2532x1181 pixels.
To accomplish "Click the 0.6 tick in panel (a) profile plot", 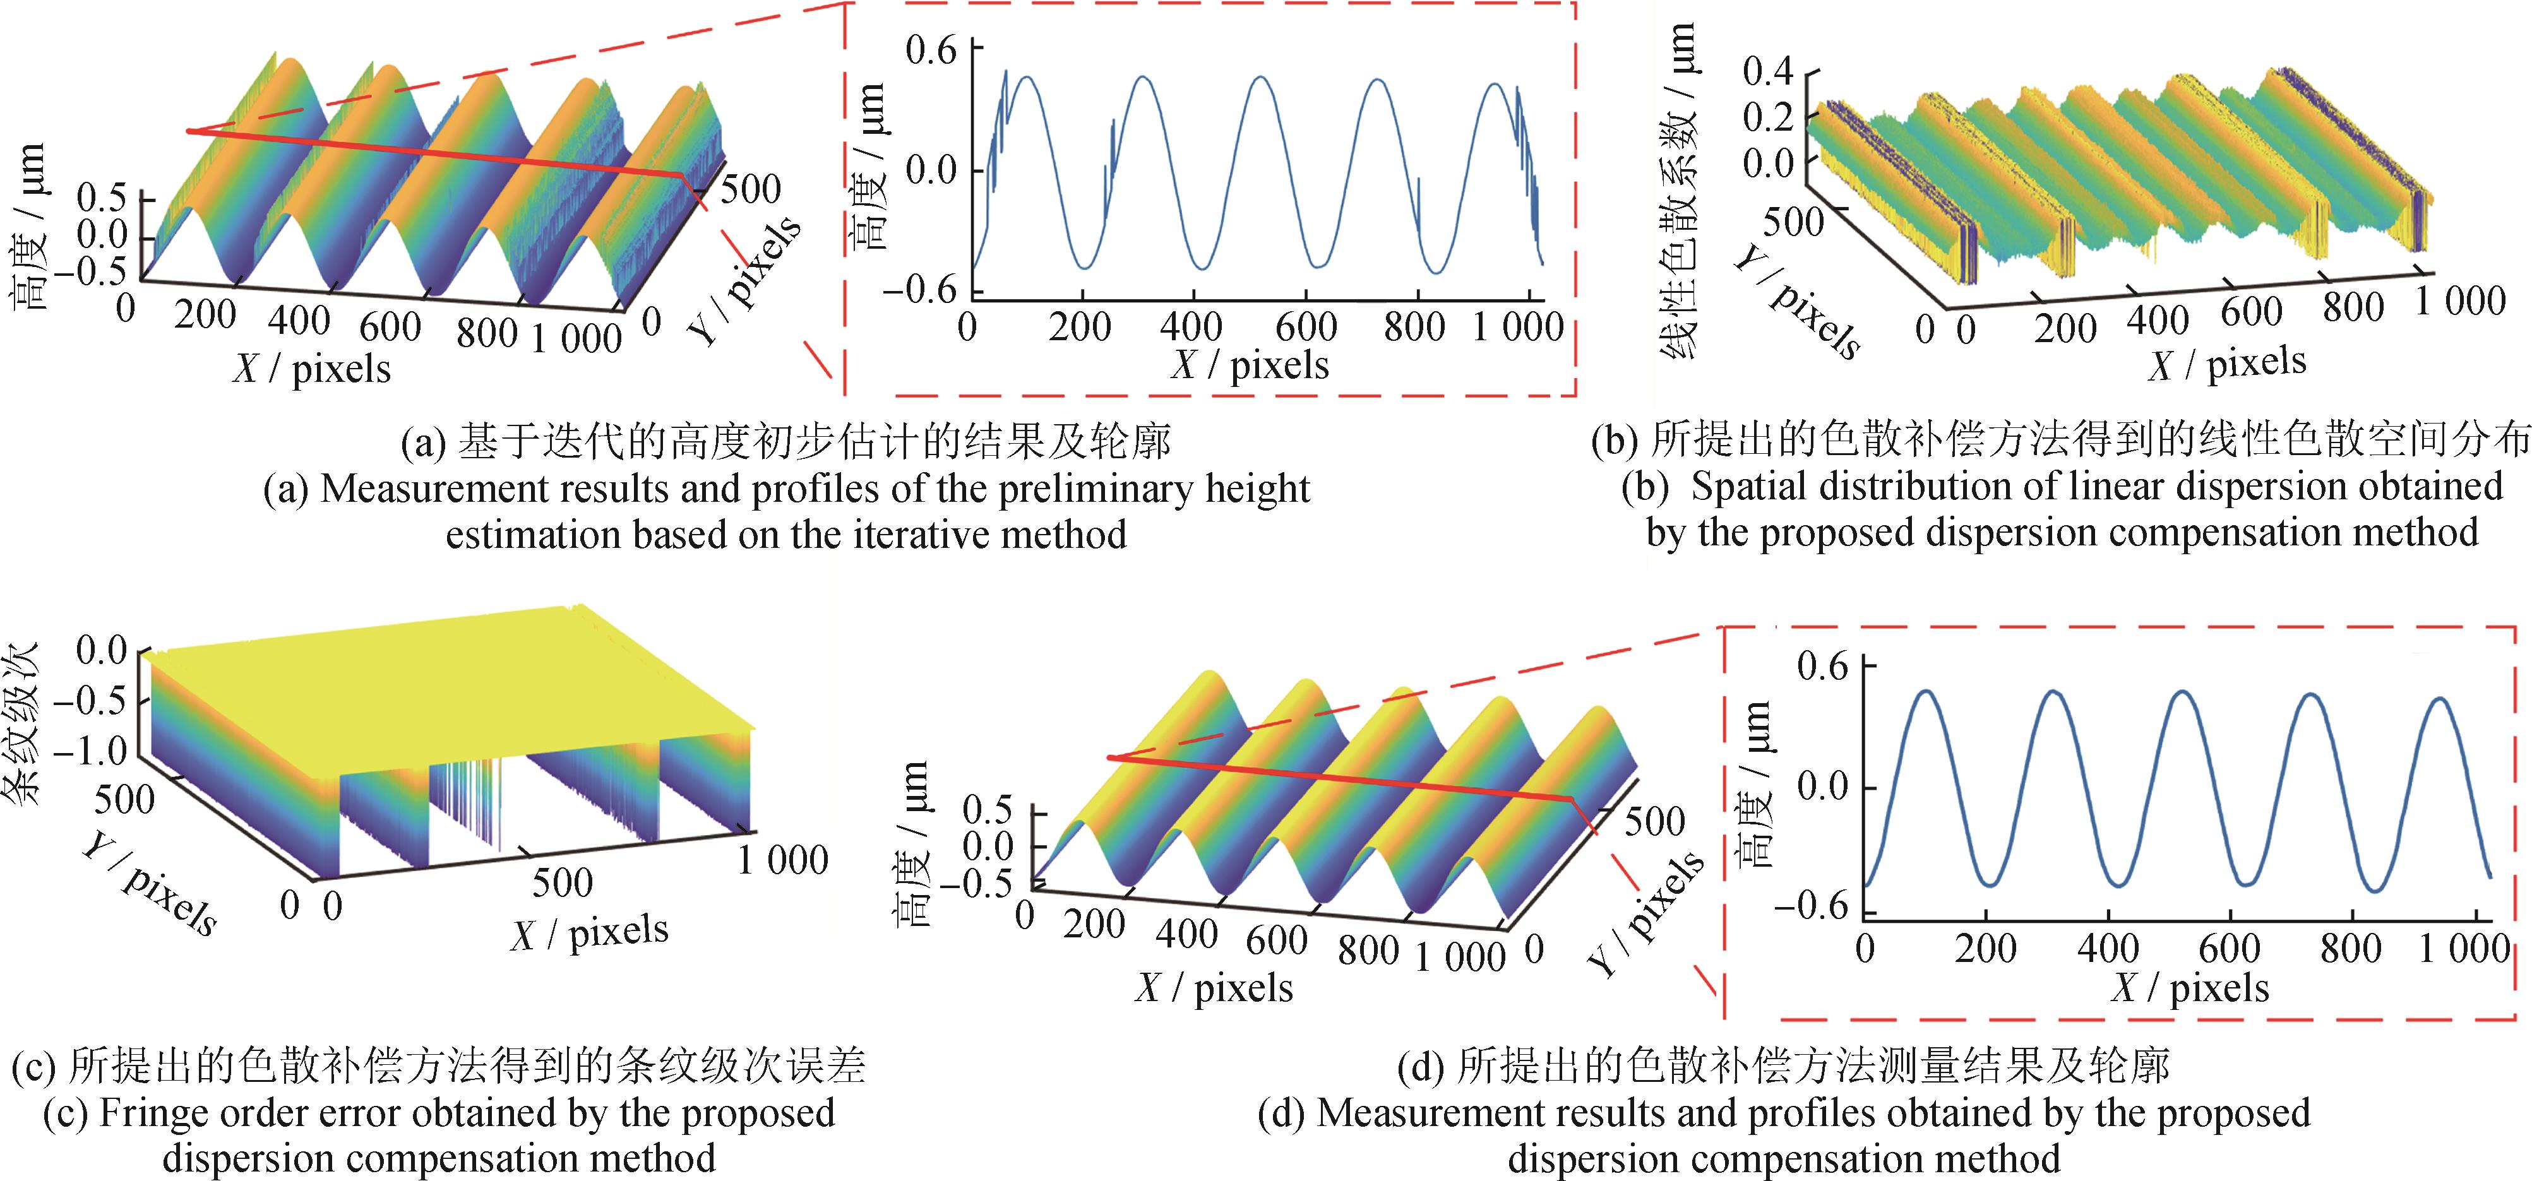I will (930, 49).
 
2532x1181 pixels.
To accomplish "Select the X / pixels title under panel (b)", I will (2226, 364).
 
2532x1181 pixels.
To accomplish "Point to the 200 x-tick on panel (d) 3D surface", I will (1093, 923).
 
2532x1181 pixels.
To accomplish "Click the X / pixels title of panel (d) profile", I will (2190, 987).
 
